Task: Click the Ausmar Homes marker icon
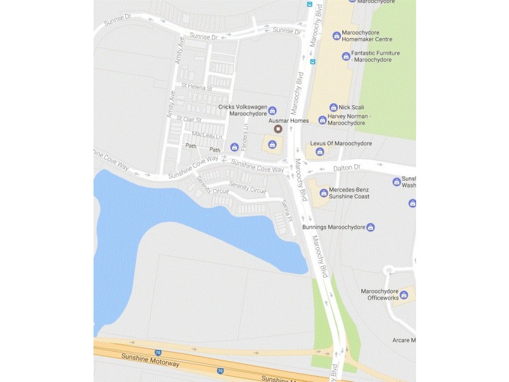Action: pyautogui.click(x=277, y=129)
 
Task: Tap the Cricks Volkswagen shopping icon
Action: pyautogui.click(x=273, y=110)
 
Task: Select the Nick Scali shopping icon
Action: pyautogui.click(x=333, y=107)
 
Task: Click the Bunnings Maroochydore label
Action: pyautogui.click(x=333, y=227)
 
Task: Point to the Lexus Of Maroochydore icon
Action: pyautogui.click(x=319, y=152)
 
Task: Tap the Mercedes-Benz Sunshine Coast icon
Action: pyautogui.click(x=324, y=192)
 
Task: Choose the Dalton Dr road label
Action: pyautogui.click(x=347, y=167)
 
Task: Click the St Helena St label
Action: pyautogui.click(x=196, y=87)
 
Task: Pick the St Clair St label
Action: pyautogui.click(x=189, y=119)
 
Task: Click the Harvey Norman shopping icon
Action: pyautogui.click(x=322, y=119)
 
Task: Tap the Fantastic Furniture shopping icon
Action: pyautogui.click(x=345, y=56)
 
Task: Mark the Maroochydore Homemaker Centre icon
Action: pyautogui.click(x=337, y=36)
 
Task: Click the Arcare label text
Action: pyautogui.click(x=403, y=340)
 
